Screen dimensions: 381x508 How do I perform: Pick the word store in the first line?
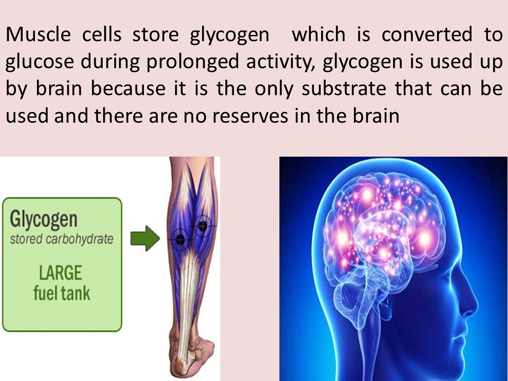click(x=154, y=35)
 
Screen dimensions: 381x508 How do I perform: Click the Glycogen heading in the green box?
click(x=43, y=220)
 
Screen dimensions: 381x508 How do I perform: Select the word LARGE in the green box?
click(x=61, y=273)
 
